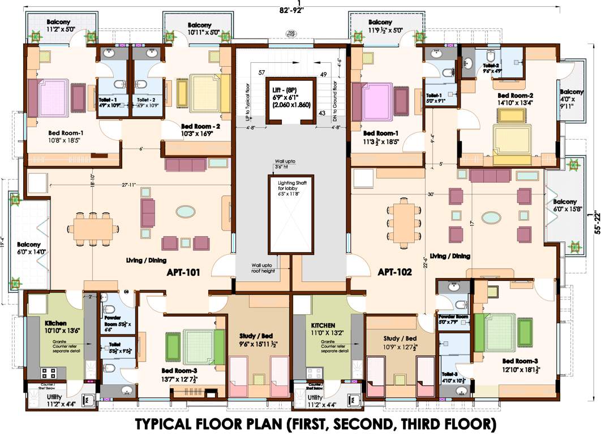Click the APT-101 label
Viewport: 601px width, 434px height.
click(x=183, y=272)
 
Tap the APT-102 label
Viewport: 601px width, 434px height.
click(x=394, y=272)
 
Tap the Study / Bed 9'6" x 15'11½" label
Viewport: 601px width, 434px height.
click(x=257, y=339)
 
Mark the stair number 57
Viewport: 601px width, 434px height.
click(x=262, y=73)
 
